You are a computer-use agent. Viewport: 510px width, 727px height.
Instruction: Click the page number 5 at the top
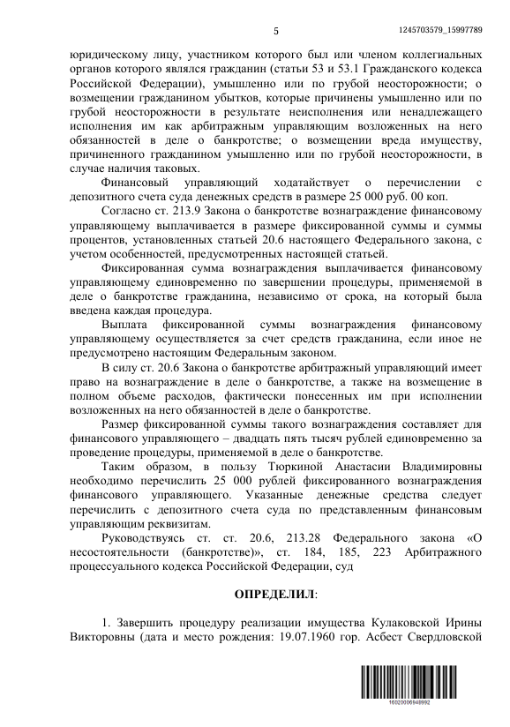pos(276,33)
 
